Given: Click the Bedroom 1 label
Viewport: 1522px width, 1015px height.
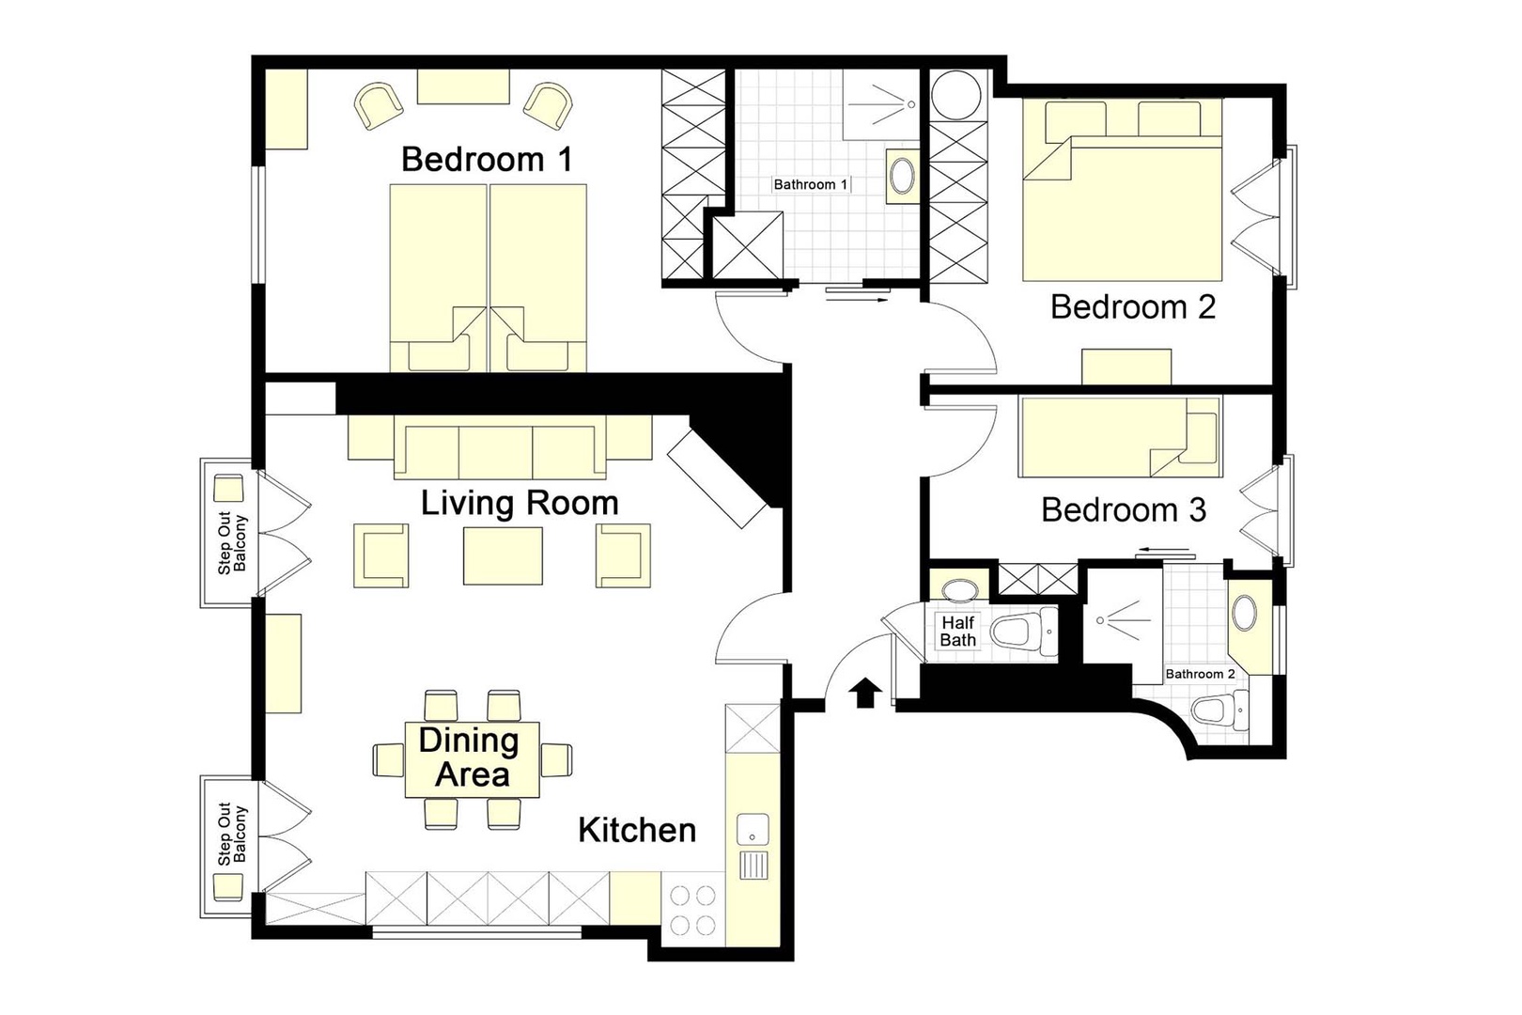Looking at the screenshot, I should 486,160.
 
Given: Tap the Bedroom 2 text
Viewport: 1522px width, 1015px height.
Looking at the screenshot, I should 1132,307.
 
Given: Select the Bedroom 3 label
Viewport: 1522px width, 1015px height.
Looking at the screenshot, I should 1124,510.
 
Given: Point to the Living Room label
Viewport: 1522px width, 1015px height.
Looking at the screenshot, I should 519,504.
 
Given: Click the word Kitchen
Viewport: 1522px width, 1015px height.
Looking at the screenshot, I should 637,831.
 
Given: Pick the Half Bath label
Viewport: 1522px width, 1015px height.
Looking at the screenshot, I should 957,632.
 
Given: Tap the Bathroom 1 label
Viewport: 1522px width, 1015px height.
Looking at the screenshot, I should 810,184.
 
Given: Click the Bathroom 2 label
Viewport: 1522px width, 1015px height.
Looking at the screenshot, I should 1200,674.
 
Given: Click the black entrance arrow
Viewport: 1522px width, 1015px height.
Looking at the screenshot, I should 865,694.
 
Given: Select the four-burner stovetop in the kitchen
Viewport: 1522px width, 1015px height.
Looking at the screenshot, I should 693,910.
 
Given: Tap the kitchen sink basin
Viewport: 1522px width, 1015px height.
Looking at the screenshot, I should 753,829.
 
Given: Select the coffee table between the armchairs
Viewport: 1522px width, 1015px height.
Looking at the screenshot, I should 503,556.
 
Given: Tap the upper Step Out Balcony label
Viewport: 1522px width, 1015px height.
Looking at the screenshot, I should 231,544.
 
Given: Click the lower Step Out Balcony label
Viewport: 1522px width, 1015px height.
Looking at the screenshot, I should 231,834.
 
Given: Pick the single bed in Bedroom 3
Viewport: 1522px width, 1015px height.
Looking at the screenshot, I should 1119,437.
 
